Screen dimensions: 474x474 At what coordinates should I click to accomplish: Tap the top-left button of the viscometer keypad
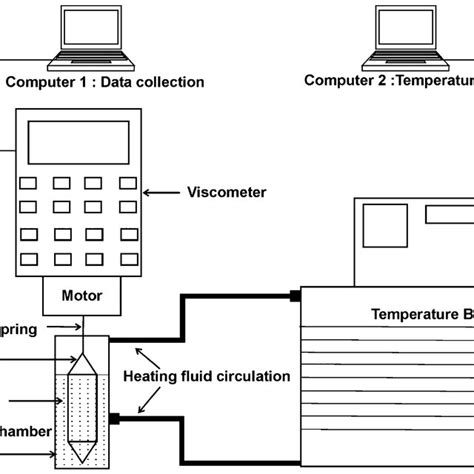coord(30,184)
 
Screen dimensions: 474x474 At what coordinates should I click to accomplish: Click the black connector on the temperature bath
coord(295,295)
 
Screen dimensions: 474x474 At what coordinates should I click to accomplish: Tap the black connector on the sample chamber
coord(114,417)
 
